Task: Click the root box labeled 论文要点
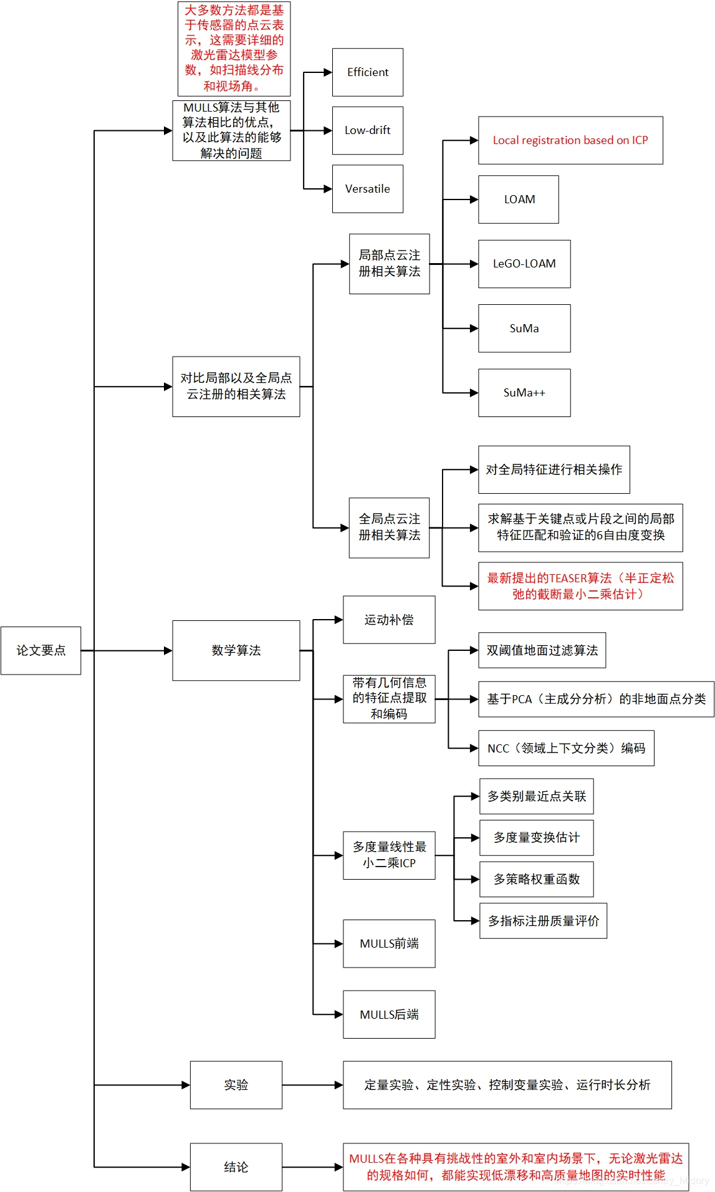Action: coord(41,650)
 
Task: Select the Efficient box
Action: coord(367,72)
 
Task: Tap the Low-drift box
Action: coord(367,130)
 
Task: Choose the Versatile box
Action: coord(367,189)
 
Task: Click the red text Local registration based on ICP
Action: coord(570,140)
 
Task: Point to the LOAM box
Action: coord(519,199)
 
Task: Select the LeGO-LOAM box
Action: coord(524,264)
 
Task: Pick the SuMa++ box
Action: coord(524,393)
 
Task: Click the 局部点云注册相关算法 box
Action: coord(389,264)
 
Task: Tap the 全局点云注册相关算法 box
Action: coord(389,527)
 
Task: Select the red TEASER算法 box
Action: coord(580,586)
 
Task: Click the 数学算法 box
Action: coord(236,650)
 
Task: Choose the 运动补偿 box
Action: coord(389,620)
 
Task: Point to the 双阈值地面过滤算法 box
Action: coord(541,650)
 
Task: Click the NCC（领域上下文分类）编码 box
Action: coord(565,748)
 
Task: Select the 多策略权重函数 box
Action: coord(536,879)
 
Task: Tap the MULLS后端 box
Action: coord(389,1014)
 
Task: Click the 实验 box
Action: coord(236,1085)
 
